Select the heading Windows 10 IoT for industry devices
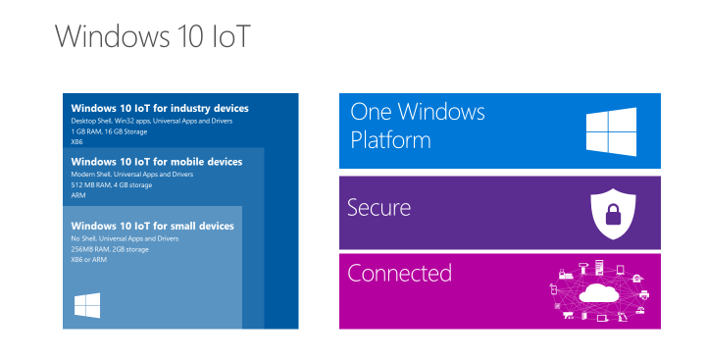click(x=160, y=108)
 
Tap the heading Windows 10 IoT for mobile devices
click(x=156, y=161)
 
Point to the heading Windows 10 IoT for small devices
click(x=152, y=226)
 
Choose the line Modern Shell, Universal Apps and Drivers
click(x=132, y=174)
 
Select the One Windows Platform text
click(x=418, y=126)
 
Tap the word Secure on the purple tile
click(x=378, y=208)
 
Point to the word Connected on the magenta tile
click(x=399, y=273)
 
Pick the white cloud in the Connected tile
click(x=598, y=293)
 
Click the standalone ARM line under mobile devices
click(x=78, y=195)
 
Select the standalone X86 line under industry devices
click(x=77, y=142)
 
